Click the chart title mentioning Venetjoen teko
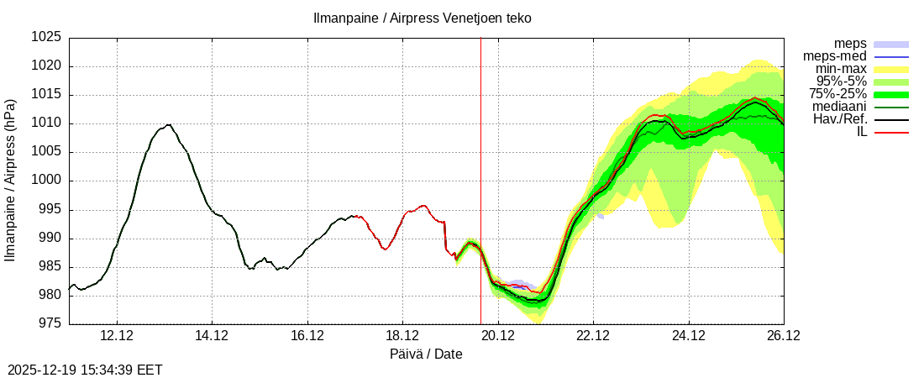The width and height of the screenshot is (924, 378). point(422,18)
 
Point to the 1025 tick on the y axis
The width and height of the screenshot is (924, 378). point(46,38)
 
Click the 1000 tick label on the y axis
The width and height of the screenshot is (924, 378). point(46,181)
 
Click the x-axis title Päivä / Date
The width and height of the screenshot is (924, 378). point(426,354)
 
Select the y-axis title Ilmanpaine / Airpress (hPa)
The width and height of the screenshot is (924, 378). point(11,180)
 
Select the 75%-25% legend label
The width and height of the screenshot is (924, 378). point(837,94)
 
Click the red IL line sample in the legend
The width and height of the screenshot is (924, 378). point(891,132)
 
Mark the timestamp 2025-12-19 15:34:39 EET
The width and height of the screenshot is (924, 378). point(85,370)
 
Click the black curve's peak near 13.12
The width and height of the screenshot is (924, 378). point(169,124)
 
